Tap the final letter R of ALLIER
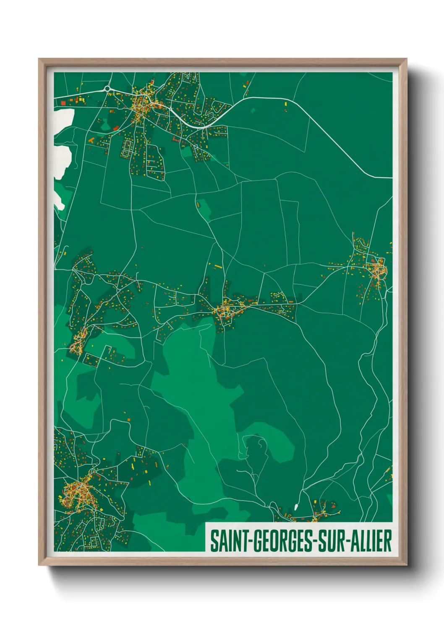click(388, 541)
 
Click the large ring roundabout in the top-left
click(107, 88)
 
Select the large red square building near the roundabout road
click(63, 103)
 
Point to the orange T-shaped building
click(91, 140)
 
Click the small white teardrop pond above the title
click(296, 507)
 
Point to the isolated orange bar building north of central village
click(217, 266)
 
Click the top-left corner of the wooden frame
click(39, 59)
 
